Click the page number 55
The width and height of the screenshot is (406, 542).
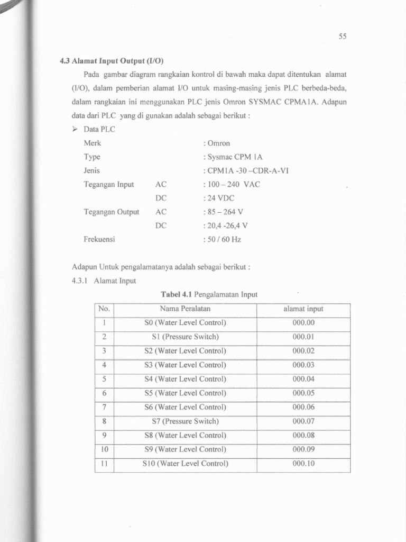(342, 37)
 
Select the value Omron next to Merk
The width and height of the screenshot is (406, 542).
(217, 143)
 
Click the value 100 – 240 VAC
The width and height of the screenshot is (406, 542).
(232, 184)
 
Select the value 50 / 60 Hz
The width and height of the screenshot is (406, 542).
(222, 239)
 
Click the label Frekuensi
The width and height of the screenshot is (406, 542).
(99, 239)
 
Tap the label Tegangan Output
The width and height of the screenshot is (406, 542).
(111, 212)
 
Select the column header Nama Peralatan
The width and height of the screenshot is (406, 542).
(185, 309)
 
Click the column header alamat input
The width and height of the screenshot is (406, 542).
(303, 309)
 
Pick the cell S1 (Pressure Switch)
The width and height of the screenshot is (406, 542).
(185, 337)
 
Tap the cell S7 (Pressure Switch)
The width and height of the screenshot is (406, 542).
(185, 421)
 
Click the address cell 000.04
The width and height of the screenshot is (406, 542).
(303, 379)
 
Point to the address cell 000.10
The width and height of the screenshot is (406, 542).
(303, 464)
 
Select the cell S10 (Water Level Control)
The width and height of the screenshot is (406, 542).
(185, 464)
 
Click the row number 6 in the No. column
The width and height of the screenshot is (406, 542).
(104, 393)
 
